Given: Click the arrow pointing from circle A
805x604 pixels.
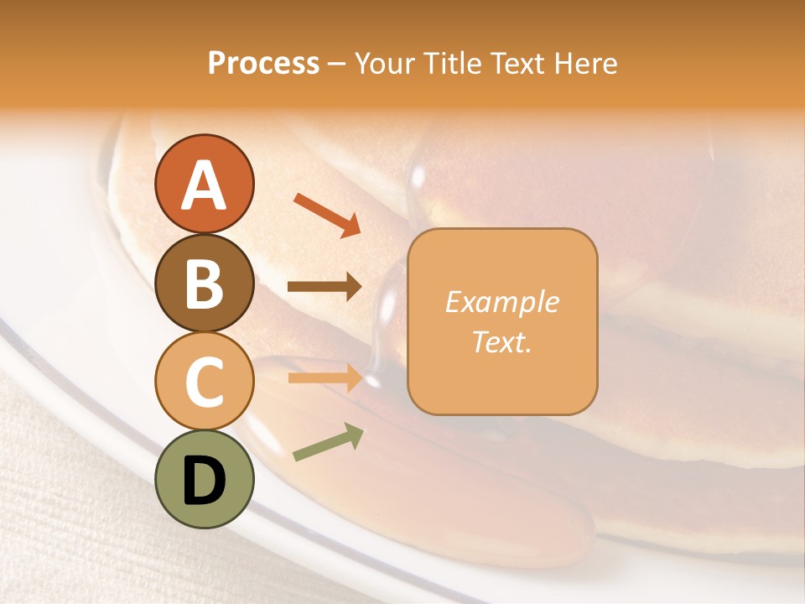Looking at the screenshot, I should pyautogui.click(x=327, y=214).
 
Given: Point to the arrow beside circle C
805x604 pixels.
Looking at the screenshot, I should pyautogui.click(x=325, y=378).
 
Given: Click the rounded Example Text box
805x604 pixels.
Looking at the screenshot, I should pyautogui.click(x=502, y=321).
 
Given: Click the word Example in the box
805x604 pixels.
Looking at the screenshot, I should pyautogui.click(x=501, y=302).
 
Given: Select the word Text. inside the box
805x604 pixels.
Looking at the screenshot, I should pyautogui.click(x=501, y=341).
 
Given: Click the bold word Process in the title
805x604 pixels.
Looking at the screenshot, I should pyautogui.click(x=263, y=63).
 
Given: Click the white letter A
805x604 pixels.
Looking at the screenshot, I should pyautogui.click(x=204, y=185).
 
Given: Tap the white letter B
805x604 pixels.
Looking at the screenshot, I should pyautogui.click(x=204, y=284).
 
